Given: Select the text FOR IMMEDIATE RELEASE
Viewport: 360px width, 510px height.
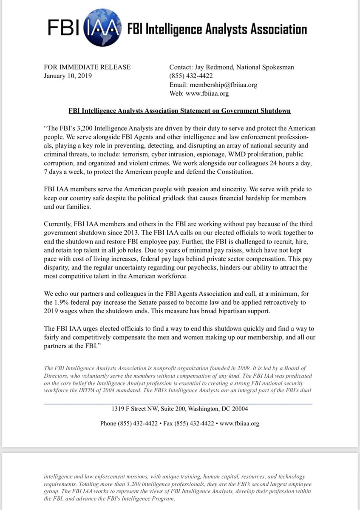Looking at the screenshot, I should tap(87, 67).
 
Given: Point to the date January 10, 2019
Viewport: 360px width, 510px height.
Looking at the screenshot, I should tap(68, 76).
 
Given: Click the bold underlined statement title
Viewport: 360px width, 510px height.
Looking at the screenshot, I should tap(180, 111).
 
